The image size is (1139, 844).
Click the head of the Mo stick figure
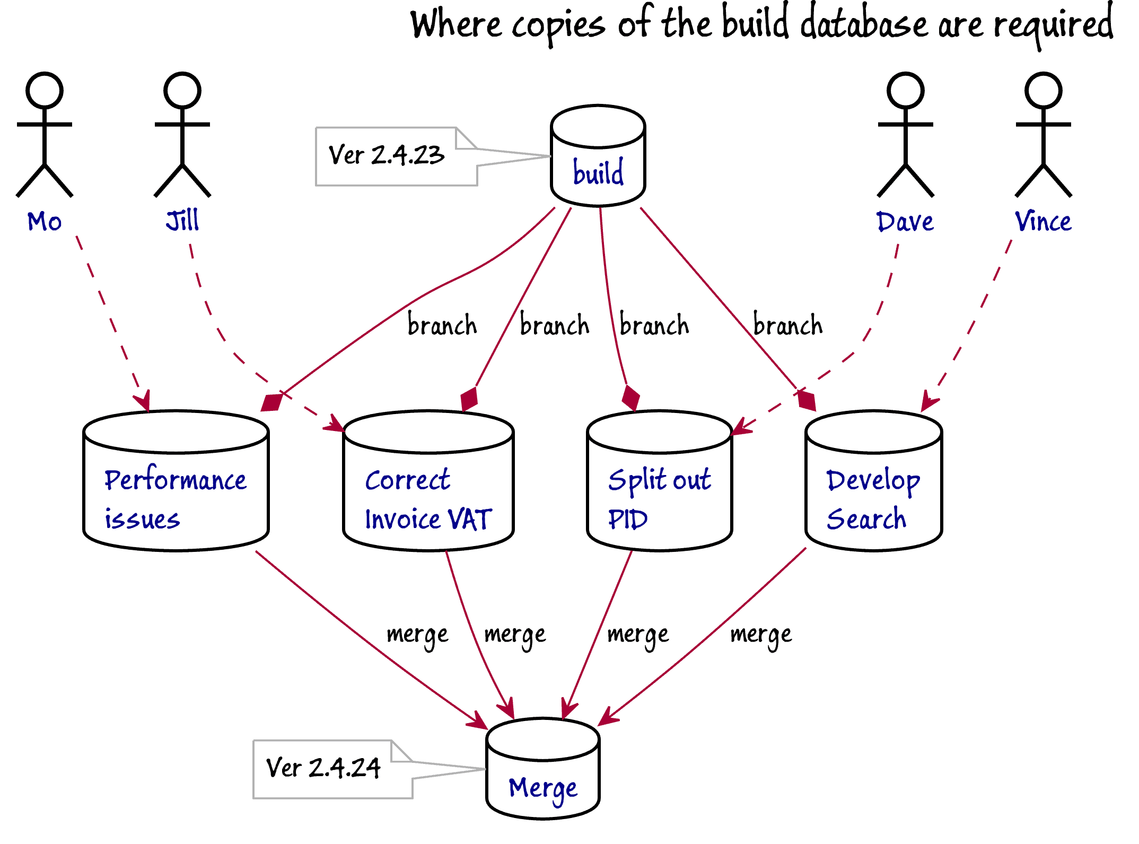pyautogui.click(x=45, y=91)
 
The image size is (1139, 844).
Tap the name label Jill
pyautogui.click(x=182, y=221)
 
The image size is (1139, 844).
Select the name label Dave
pyautogui.click(x=905, y=222)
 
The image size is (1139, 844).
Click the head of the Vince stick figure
pyautogui.click(x=1044, y=91)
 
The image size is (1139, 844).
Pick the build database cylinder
pyautogui.click(x=598, y=155)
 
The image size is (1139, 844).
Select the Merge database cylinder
pyautogui.click(x=543, y=769)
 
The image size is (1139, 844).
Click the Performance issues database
pyautogui.click(x=176, y=481)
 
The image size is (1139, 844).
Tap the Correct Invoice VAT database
pyautogui.click(x=428, y=481)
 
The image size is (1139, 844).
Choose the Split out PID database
pyautogui.click(x=660, y=481)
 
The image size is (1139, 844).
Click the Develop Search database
pyautogui.click(x=874, y=481)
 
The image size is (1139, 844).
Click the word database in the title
pyautogui.click(x=864, y=24)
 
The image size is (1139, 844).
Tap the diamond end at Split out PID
pyautogui.click(x=631, y=398)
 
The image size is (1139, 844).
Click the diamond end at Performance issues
pyautogui.click(x=273, y=403)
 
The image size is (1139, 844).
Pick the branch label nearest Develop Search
pyautogui.click(x=788, y=324)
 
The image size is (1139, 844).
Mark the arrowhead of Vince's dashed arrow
pyautogui.click(x=929, y=401)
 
